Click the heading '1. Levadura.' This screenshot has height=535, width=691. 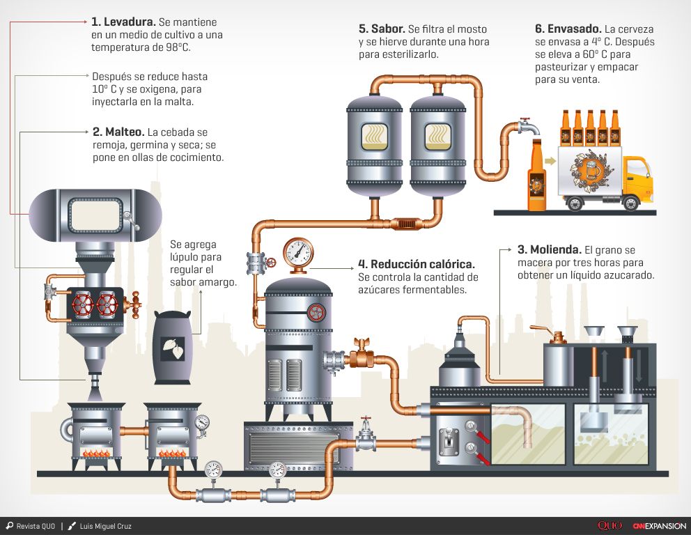[124, 22]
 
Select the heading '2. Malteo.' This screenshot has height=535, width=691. [118, 132]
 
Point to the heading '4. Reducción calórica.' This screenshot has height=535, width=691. [417, 264]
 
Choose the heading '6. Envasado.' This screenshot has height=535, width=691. [568, 29]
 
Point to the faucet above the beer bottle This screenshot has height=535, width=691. [527, 128]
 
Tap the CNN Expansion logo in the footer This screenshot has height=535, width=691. [659, 526]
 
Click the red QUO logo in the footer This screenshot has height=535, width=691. [610, 526]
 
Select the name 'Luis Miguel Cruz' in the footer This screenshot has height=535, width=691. [105, 526]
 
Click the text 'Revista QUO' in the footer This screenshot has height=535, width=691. [36, 526]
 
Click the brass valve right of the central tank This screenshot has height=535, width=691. [361, 357]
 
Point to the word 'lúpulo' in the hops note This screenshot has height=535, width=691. [184, 257]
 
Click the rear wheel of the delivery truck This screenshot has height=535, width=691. [575, 203]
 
